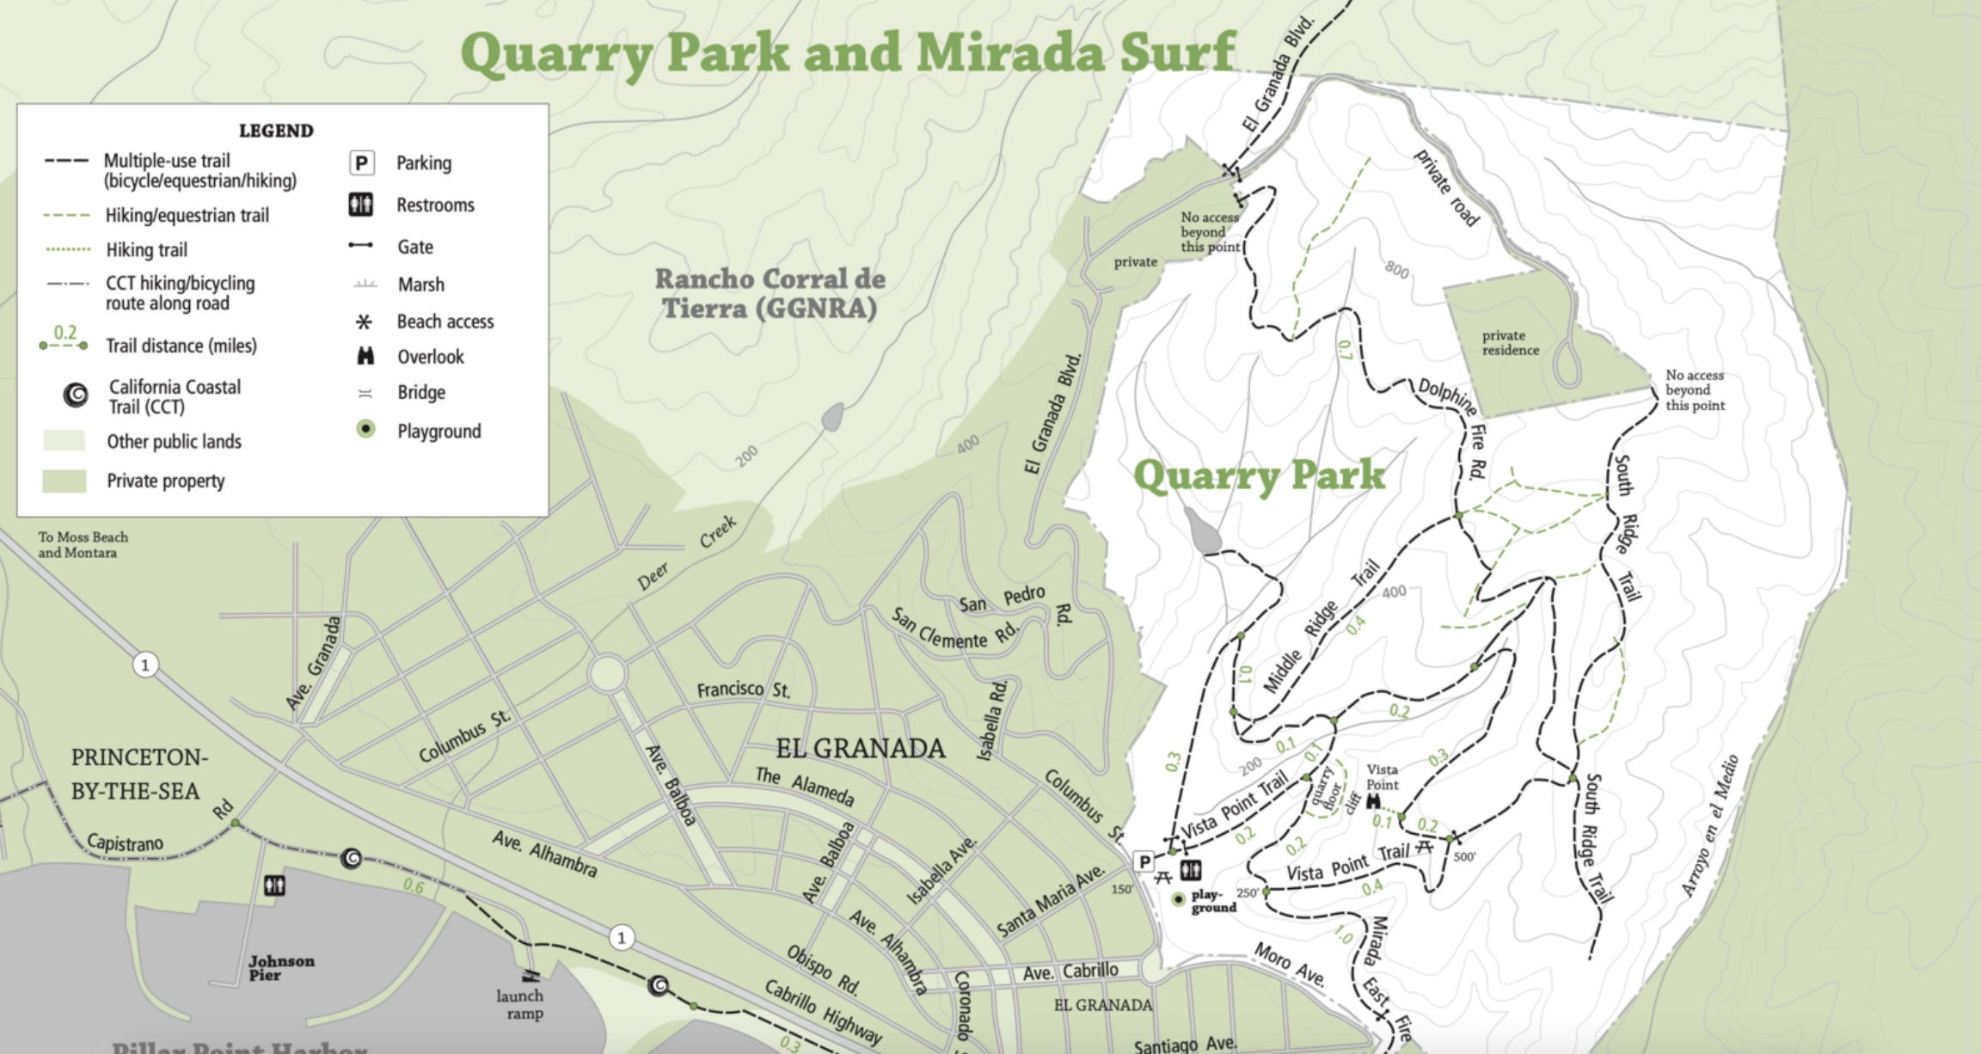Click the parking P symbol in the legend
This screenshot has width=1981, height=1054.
click(361, 162)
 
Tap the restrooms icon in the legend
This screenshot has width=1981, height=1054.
click(361, 205)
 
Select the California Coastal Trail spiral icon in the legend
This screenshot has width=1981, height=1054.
click(76, 395)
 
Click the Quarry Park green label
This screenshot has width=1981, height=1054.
click(1259, 475)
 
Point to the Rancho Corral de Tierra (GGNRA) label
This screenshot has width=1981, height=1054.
click(770, 293)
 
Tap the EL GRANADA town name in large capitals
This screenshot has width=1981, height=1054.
click(860, 749)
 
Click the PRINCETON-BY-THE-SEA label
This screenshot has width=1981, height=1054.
click(138, 774)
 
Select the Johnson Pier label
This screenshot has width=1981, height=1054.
click(281, 967)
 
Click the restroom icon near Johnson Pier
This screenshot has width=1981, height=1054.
click(274, 885)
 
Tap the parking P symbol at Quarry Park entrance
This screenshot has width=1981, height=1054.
click(1144, 861)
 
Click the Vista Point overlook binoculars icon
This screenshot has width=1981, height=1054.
click(1373, 801)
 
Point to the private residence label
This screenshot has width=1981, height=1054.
click(1510, 342)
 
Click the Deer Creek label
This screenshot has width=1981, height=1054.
click(686, 554)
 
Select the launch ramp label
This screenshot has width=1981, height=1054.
click(519, 1004)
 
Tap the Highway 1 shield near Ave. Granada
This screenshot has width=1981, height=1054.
click(145, 665)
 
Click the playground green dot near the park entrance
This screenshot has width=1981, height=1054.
click(1179, 899)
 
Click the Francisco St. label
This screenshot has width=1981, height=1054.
click(743, 689)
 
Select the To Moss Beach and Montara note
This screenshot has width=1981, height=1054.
click(83, 544)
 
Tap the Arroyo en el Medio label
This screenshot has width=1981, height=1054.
click(1710, 825)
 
